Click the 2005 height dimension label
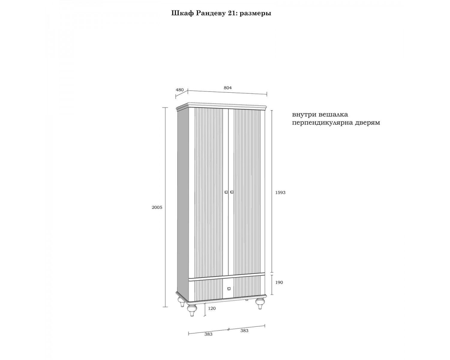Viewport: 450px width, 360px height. [157, 207]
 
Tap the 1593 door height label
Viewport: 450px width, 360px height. [280, 193]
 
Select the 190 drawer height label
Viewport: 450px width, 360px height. [279, 282]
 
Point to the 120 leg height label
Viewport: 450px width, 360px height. [212, 308]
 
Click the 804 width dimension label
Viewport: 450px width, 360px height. [228, 88]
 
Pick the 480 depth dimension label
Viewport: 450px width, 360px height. [180, 90]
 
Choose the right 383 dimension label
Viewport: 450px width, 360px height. [244, 331]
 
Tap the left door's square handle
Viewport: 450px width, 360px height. [226, 192]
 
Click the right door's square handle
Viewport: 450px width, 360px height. [232, 192]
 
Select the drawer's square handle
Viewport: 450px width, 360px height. [229, 289]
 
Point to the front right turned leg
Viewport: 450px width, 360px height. [260, 304]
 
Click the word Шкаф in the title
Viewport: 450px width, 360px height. [183, 13]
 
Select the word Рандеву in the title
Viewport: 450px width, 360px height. [210, 13]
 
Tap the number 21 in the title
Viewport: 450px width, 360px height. [232, 13]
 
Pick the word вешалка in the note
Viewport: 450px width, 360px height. [333, 115]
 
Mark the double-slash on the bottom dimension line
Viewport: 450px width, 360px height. [229, 329]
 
